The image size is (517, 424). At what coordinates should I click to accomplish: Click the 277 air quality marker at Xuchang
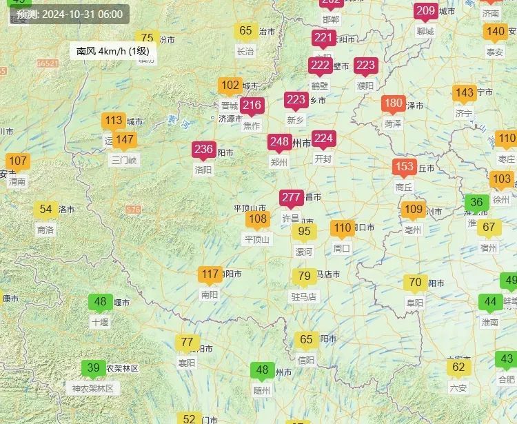point(291,198)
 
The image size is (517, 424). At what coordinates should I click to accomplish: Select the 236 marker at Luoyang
point(203,150)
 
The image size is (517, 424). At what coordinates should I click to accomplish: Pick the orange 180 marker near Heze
point(393,104)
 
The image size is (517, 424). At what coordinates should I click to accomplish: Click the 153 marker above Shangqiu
point(404,167)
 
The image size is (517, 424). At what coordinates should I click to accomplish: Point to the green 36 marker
point(476,203)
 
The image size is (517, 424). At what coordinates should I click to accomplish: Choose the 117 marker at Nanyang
point(210,274)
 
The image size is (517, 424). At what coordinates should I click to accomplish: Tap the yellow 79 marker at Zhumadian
point(304,276)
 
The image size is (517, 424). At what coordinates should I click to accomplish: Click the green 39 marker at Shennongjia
point(93,368)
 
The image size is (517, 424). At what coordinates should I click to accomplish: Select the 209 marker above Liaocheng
point(425,11)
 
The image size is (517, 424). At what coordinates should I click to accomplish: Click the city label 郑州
point(279,162)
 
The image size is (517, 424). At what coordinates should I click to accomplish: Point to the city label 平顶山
point(257,239)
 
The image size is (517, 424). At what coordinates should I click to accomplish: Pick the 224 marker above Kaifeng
point(323,139)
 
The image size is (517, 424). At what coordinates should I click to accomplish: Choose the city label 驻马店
point(303,296)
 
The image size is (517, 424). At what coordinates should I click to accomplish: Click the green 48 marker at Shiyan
point(100,302)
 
